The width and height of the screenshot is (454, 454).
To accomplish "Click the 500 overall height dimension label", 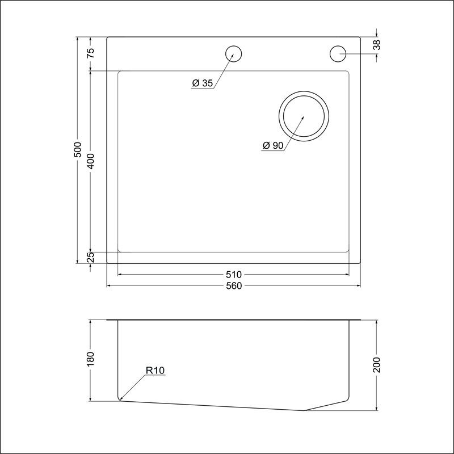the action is point(78,149).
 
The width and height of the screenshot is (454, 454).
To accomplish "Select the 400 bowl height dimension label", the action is point(91,161).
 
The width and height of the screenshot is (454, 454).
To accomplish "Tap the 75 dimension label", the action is point(91,53).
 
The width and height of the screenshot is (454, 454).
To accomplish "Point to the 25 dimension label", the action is point(91,257).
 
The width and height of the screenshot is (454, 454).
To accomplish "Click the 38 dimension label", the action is point(377,45).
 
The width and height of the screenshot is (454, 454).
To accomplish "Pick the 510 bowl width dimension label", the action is point(234,274).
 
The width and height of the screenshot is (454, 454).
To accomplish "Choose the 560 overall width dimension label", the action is point(234,286).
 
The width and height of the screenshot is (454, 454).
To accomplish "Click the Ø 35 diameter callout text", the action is point(203,83).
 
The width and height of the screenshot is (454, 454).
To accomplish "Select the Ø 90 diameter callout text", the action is point(273,145).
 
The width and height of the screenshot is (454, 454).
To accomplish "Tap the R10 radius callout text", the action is point(155,371).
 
